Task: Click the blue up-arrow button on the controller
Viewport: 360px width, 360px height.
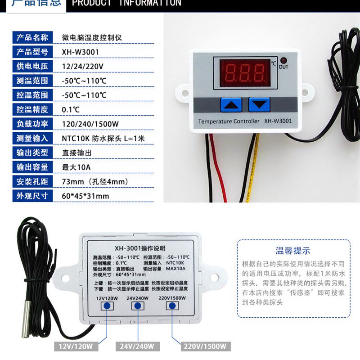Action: pyautogui.click(x=231, y=105)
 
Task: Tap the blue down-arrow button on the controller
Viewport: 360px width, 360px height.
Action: pyautogui.click(x=259, y=105)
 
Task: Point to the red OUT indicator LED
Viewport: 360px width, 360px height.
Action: pyautogui.click(x=283, y=60)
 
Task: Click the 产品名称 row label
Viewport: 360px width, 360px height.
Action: pyautogui.click(x=32, y=37)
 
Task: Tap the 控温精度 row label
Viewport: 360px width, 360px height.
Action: pyautogui.click(x=32, y=109)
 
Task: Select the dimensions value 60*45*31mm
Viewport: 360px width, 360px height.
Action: pyautogui.click(x=85, y=196)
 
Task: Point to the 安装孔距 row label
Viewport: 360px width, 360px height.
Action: pyautogui.click(x=32, y=181)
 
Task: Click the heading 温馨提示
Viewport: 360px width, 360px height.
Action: pyautogui.click(x=293, y=251)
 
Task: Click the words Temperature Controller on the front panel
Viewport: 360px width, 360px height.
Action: pyautogui.click(x=229, y=121)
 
